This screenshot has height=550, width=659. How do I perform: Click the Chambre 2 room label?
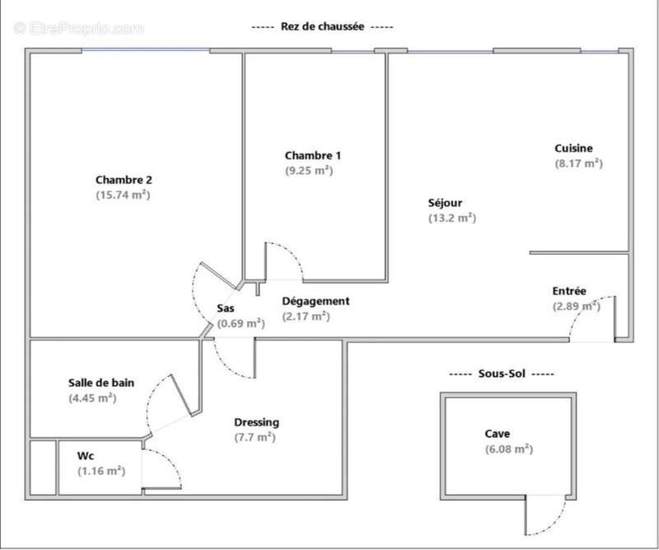coord(124,180)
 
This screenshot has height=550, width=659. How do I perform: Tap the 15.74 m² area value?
coord(123,195)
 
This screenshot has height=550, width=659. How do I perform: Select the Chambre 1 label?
coord(313,155)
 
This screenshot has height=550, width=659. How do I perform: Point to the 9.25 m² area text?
coord(309,171)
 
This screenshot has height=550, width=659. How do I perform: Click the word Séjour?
coord(445,203)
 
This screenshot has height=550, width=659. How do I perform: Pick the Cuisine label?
coord(573,148)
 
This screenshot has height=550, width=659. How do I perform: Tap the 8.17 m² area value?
coord(579,163)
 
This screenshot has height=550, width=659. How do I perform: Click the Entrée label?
coord(569,291)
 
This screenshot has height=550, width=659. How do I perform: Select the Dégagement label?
coord(315,301)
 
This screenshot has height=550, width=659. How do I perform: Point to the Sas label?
coord(226,308)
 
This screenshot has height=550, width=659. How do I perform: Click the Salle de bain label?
coord(101,383)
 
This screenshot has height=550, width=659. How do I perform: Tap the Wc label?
coord(86,456)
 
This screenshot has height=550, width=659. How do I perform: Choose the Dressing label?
coord(256,422)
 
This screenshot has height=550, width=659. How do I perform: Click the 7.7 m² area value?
coord(255,437)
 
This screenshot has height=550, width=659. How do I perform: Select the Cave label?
coord(498,434)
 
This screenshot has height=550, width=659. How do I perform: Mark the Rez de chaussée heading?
coord(322,26)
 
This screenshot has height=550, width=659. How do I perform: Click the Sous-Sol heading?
coord(502,374)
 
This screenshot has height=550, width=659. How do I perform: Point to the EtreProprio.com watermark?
coord(78,28)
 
